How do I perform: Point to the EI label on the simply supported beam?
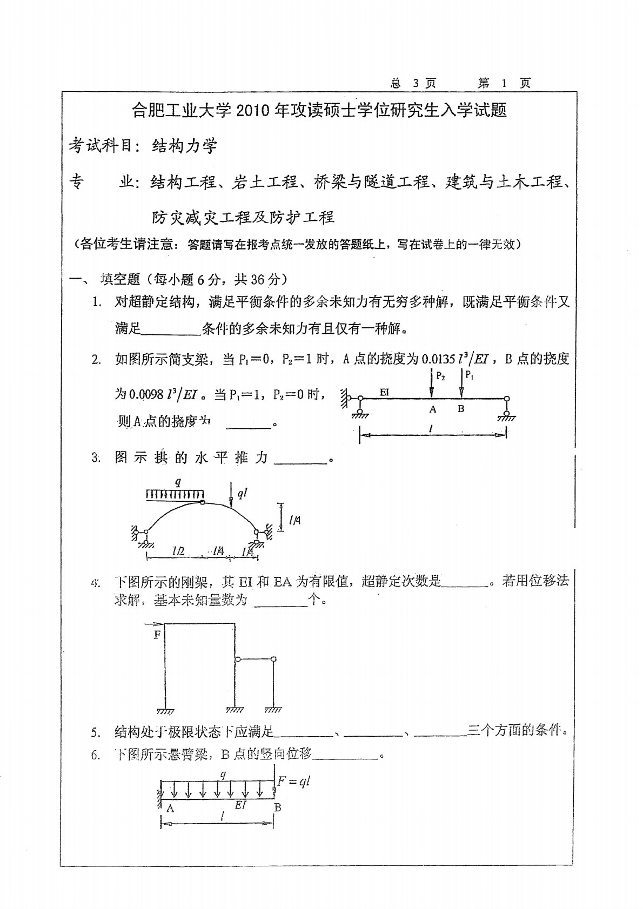[384, 392]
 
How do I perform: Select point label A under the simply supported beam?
[432, 409]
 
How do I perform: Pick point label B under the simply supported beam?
[461, 409]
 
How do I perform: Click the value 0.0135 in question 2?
[438, 359]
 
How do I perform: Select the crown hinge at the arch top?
[202, 502]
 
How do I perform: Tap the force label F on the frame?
[157, 635]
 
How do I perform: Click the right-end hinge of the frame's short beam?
[273, 659]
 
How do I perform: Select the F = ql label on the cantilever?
[293, 781]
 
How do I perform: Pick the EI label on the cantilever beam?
[240, 805]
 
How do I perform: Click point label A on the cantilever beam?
[170, 808]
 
